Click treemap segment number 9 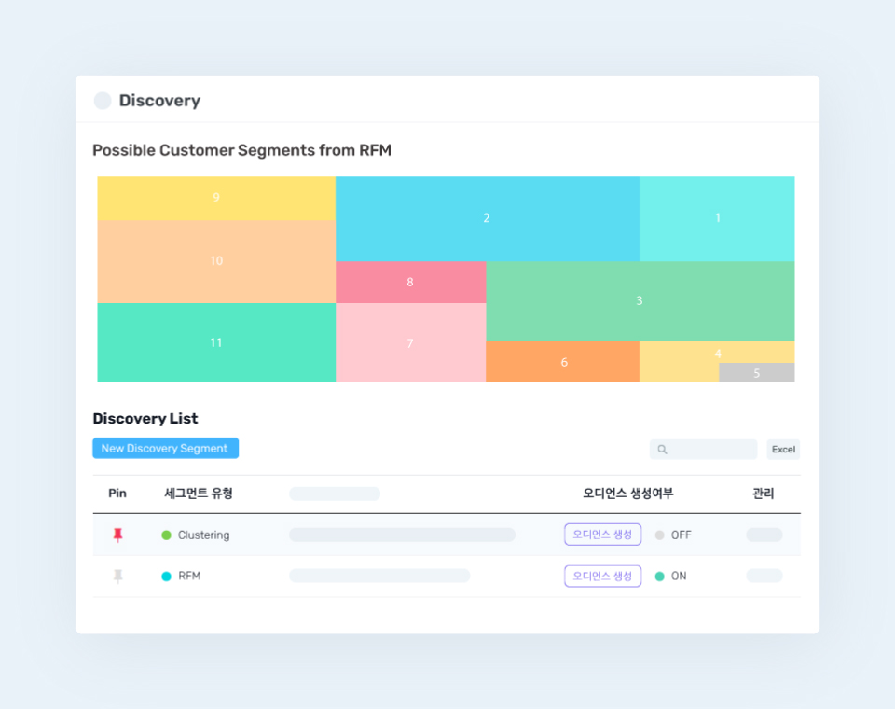pyautogui.click(x=216, y=198)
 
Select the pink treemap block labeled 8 pyautogui.click(x=410, y=282)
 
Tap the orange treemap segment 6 pyautogui.click(x=563, y=362)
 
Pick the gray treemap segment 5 pyautogui.click(x=756, y=373)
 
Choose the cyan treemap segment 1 pyautogui.click(x=717, y=218)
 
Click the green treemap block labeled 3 pyautogui.click(x=640, y=300)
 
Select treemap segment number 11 pyautogui.click(x=216, y=342)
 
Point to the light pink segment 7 pyautogui.click(x=410, y=343)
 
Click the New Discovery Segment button pyautogui.click(x=165, y=449)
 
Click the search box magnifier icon pyautogui.click(x=662, y=450)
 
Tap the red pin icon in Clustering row pyautogui.click(x=117, y=535)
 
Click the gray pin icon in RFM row pyautogui.click(x=117, y=577)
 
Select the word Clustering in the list pyautogui.click(x=203, y=535)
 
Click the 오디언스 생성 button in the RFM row pyautogui.click(x=602, y=577)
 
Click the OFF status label pyautogui.click(x=681, y=535)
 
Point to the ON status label pyautogui.click(x=679, y=577)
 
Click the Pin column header pyautogui.click(x=117, y=494)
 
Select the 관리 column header pyautogui.click(x=763, y=494)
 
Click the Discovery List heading pyautogui.click(x=145, y=419)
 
